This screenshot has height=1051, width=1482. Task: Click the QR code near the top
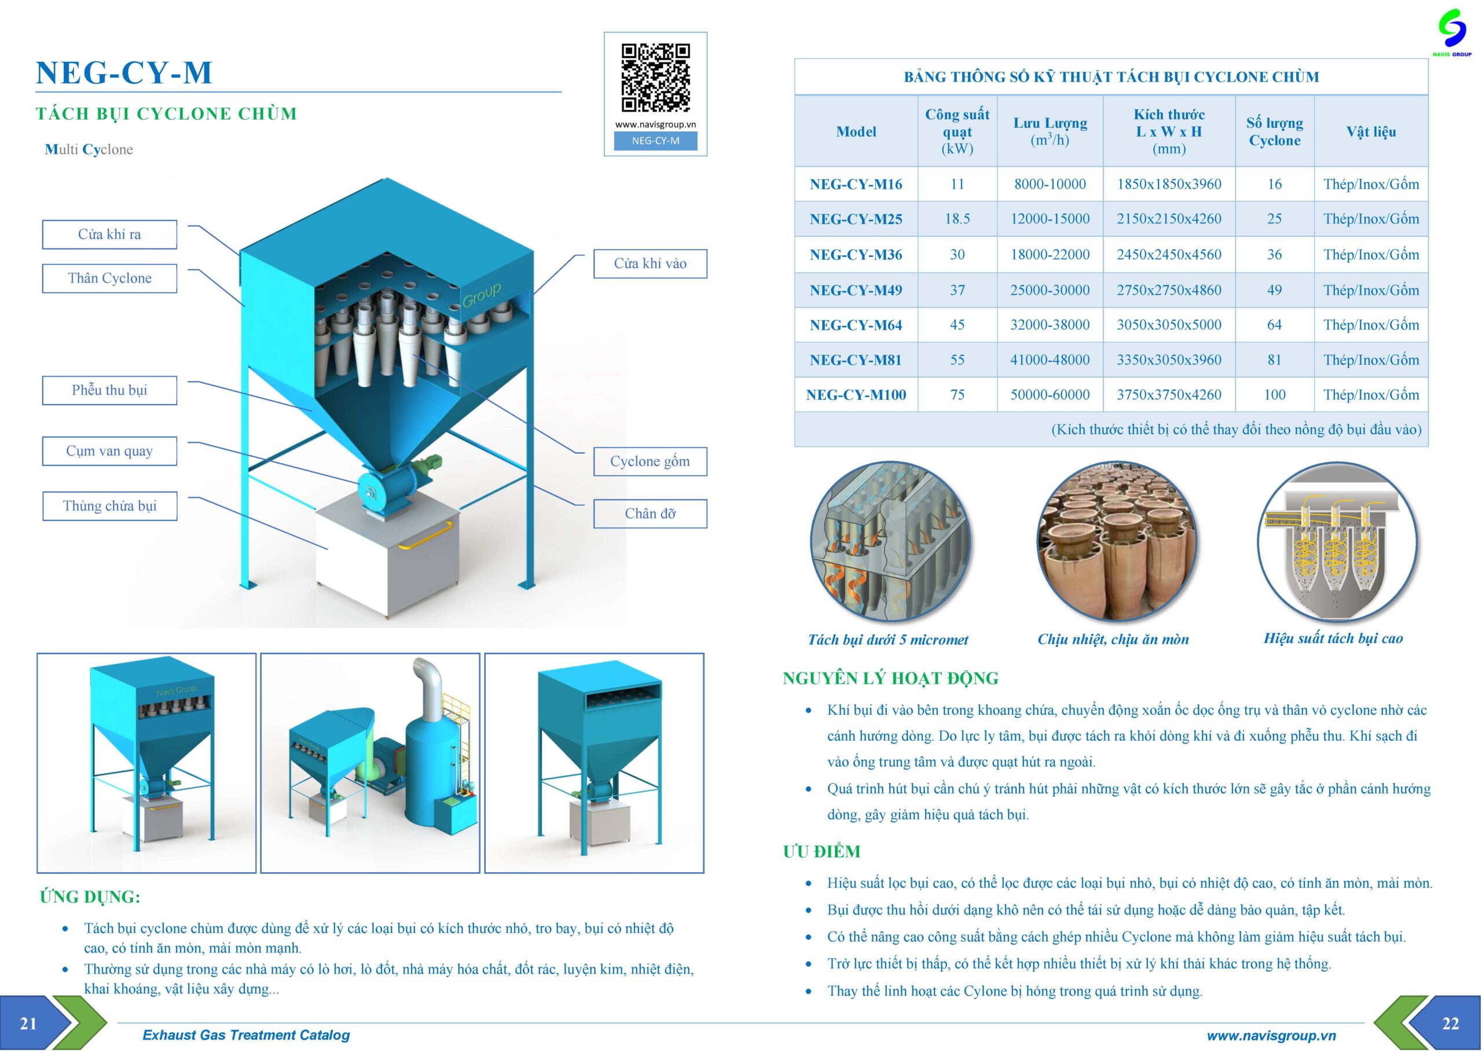click(x=655, y=78)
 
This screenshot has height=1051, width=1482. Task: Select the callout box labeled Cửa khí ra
click(x=109, y=234)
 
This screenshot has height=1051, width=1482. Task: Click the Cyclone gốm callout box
click(x=650, y=461)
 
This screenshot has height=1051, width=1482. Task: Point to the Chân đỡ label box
click(x=650, y=514)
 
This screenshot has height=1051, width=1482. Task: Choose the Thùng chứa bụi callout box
click(x=109, y=506)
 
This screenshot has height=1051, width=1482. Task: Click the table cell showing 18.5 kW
click(x=956, y=219)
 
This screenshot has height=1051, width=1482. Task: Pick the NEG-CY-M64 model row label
click(x=856, y=325)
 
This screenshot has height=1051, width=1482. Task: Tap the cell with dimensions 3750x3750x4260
click(x=1169, y=395)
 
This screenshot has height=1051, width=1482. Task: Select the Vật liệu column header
click(x=1371, y=131)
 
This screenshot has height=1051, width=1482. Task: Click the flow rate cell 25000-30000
click(x=1050, y=290)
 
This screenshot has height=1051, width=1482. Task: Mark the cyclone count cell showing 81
click(x=1274, y=360)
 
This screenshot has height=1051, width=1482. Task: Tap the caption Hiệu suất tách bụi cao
click(x=1333, y=639)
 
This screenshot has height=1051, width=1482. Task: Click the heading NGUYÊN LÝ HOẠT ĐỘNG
click(x=890, y=678)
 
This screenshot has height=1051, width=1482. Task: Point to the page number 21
click(x=28, y=1023)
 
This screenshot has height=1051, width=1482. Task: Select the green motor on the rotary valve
click(x=428, y=464)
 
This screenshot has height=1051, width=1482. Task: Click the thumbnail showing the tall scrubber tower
click(x=370, y=762)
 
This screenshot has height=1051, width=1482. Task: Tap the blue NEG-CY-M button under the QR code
click(x=655, y=141)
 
